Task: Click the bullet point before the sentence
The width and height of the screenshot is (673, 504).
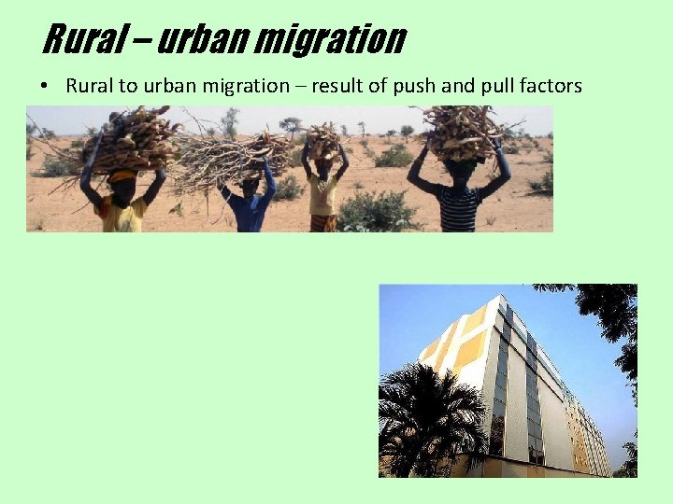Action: point(44,87)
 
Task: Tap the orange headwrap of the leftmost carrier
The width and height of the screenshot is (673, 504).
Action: point(122,175)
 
